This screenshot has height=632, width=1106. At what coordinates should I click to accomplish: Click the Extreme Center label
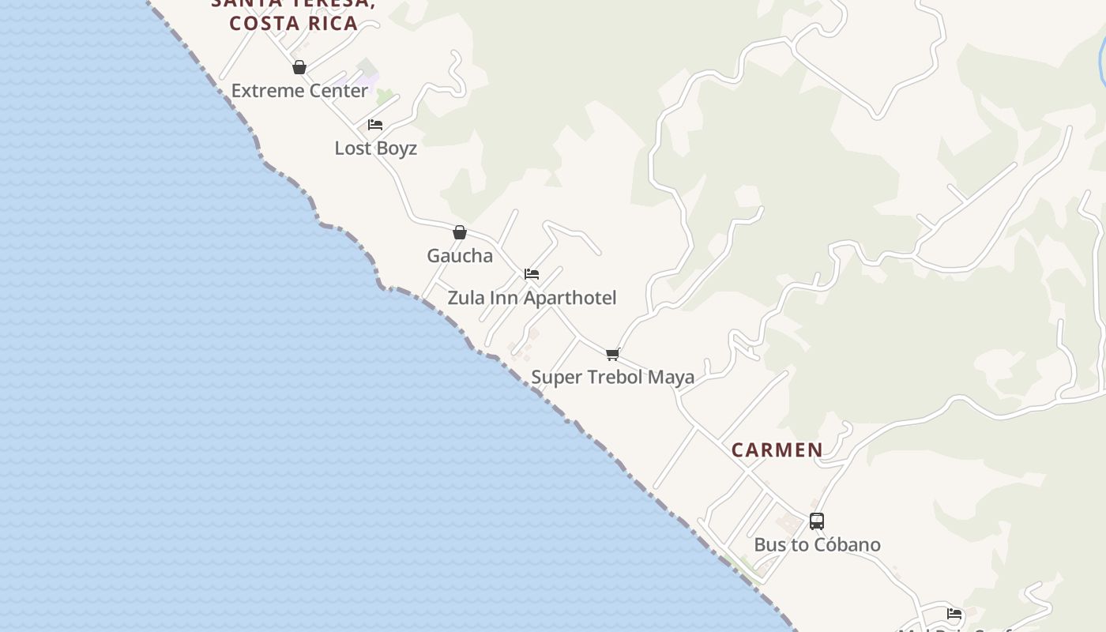[x=299, y=91]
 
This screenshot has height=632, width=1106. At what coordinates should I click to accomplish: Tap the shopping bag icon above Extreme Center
[x=299, y=68]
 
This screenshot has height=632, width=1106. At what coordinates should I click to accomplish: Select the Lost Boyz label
[x=376, y=149]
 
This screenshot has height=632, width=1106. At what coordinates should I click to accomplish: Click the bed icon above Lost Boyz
[x=375, y=125]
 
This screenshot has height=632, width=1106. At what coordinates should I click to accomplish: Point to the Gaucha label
[x=460, y=256]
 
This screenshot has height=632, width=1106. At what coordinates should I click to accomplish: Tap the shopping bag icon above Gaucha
[x=460, y=232]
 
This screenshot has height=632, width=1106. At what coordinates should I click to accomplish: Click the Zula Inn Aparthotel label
[x=532, y=298]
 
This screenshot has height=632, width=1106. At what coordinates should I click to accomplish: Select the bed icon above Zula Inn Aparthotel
[x=532, y=274]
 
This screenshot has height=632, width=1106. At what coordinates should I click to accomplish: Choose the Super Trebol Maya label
[x=612, y=377]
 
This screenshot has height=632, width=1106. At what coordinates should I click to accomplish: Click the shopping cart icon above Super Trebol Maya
[x=612, y=354]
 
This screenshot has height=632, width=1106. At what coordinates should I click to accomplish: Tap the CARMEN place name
[x=777, y=450]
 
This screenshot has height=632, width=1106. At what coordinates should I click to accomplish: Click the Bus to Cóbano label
[x=817, y=545]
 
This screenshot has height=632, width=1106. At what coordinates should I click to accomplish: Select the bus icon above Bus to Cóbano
[x=817, y=521]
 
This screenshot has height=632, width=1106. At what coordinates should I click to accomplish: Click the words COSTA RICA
[x=294, y=23]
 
